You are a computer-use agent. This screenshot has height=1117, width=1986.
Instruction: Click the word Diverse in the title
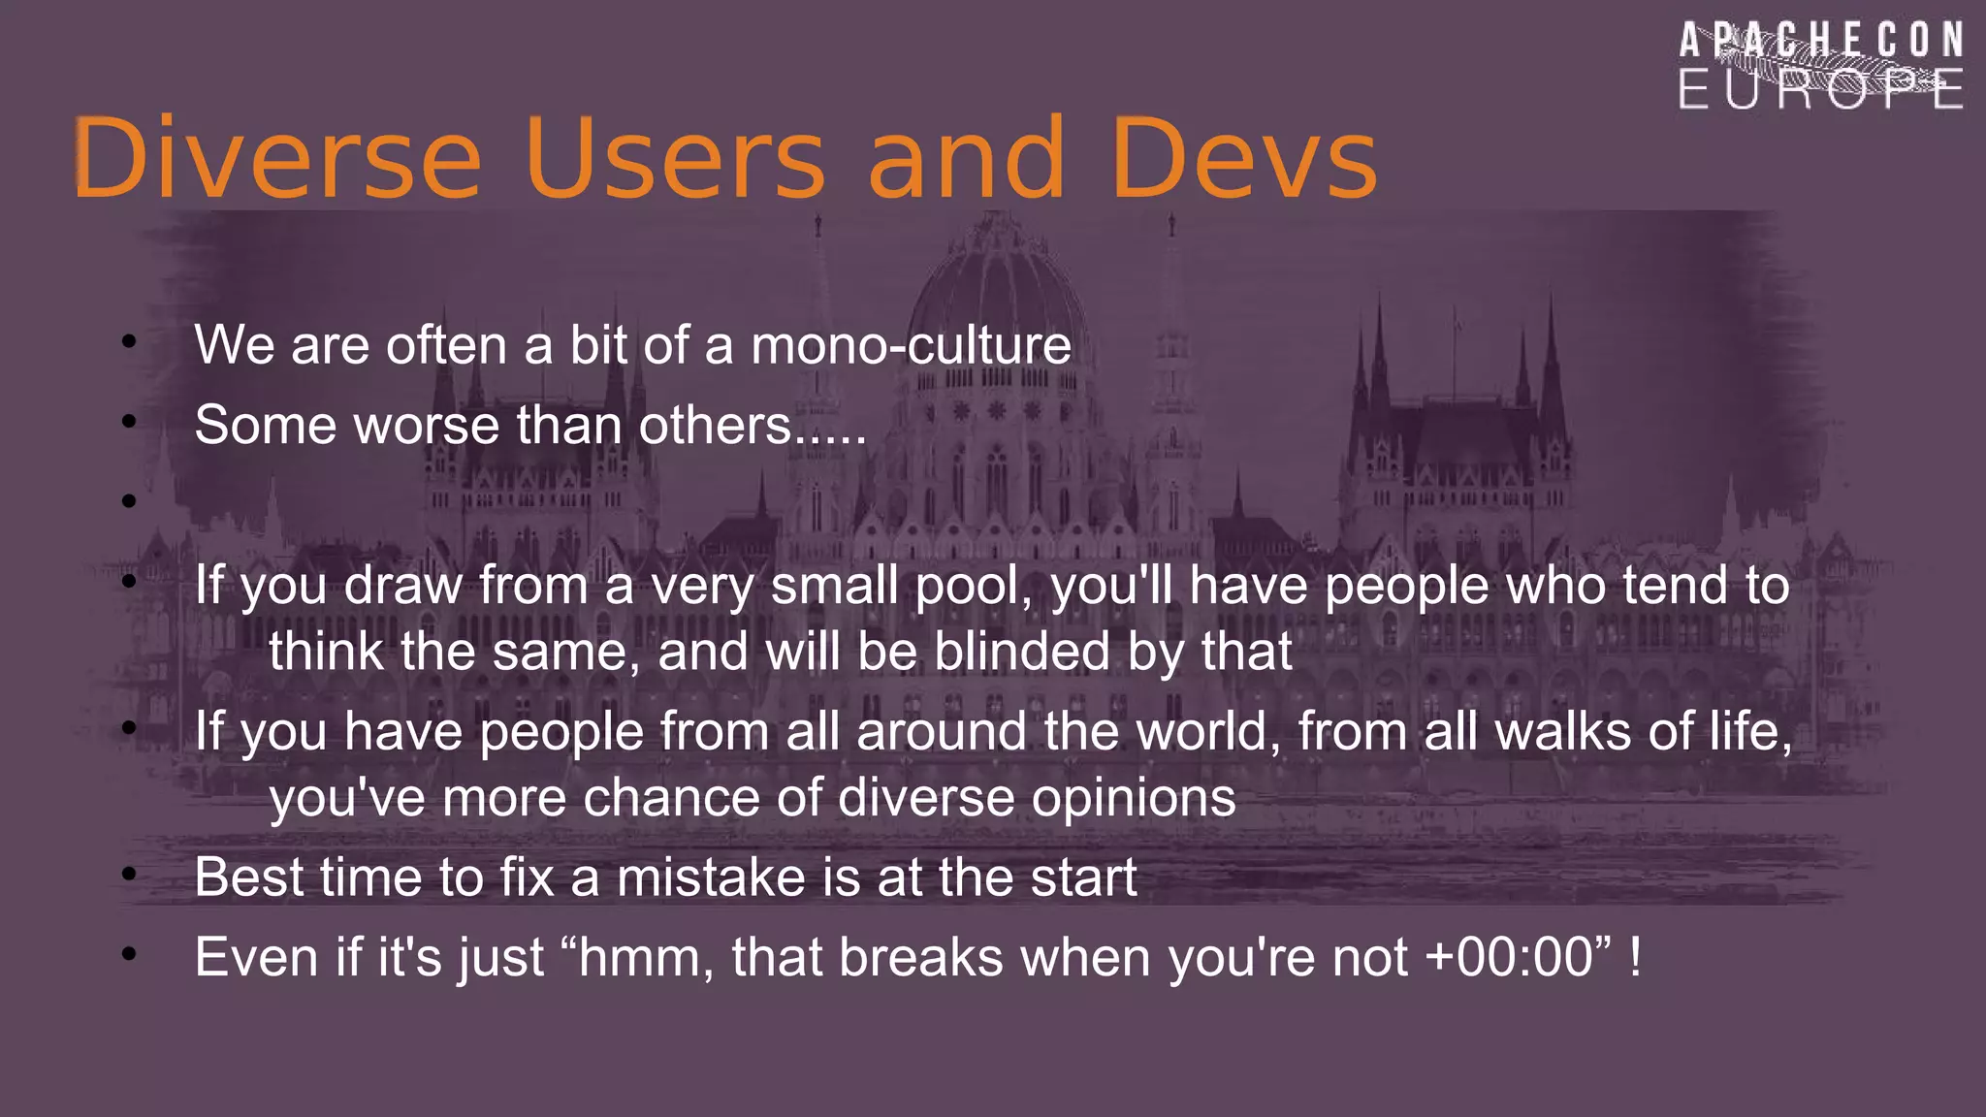[276, 157]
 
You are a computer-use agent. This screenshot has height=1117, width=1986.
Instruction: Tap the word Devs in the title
[1244, 157]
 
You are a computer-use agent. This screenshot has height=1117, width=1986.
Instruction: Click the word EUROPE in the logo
[1820, 90]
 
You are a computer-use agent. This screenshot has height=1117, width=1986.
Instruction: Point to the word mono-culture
[911, 345]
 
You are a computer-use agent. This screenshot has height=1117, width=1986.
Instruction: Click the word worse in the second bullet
[427, 426]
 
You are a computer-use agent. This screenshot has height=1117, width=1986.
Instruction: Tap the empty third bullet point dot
[129, 501]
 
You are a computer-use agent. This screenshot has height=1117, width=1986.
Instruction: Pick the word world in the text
[1207, 731]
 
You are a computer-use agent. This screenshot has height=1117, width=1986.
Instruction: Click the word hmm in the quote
[646, 958]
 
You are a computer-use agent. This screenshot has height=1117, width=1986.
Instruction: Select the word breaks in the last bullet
[920, 958]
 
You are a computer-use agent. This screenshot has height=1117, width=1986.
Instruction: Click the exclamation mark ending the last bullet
[1636, 958]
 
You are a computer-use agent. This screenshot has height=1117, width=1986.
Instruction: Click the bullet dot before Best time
[129, 876]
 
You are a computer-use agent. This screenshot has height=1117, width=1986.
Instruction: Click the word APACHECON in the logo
[1820, 42]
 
